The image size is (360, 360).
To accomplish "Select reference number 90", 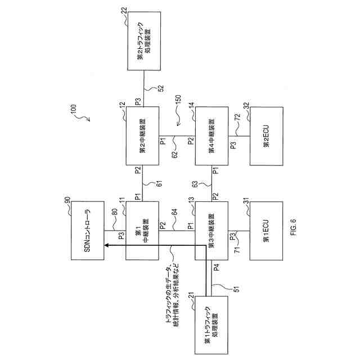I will point(67,201).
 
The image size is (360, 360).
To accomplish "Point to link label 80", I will point(115,213).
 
